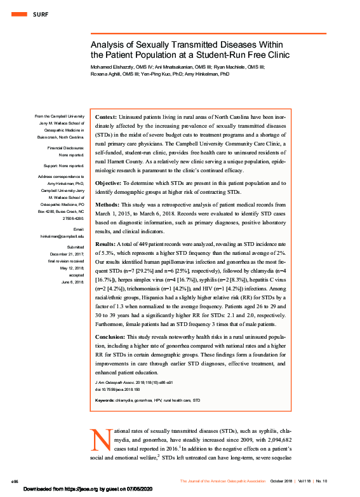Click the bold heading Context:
tap(105, 118)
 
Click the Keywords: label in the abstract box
tap(105, 400)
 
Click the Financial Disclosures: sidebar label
tap(65, 147)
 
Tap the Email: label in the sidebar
tap(77, 229)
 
